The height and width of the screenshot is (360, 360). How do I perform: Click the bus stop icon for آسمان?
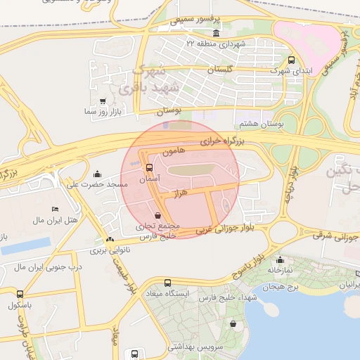[148, 168]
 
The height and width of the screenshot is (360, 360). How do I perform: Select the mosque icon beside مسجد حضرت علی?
[97, 174]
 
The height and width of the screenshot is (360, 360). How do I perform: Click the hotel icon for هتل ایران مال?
[56, 210]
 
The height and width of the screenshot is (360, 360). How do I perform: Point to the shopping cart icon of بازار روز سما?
[103, 101]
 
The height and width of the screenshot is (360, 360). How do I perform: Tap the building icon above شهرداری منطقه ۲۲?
[215, 34]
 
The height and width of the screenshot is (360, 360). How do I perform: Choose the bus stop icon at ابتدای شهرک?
[292, 60]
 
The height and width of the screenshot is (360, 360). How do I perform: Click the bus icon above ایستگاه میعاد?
[167, 283]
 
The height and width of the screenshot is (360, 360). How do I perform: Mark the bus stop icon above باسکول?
[19, 294]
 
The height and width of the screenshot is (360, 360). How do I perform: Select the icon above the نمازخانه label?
[280, 259]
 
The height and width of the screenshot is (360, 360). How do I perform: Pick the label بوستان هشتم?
[261, 123]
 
